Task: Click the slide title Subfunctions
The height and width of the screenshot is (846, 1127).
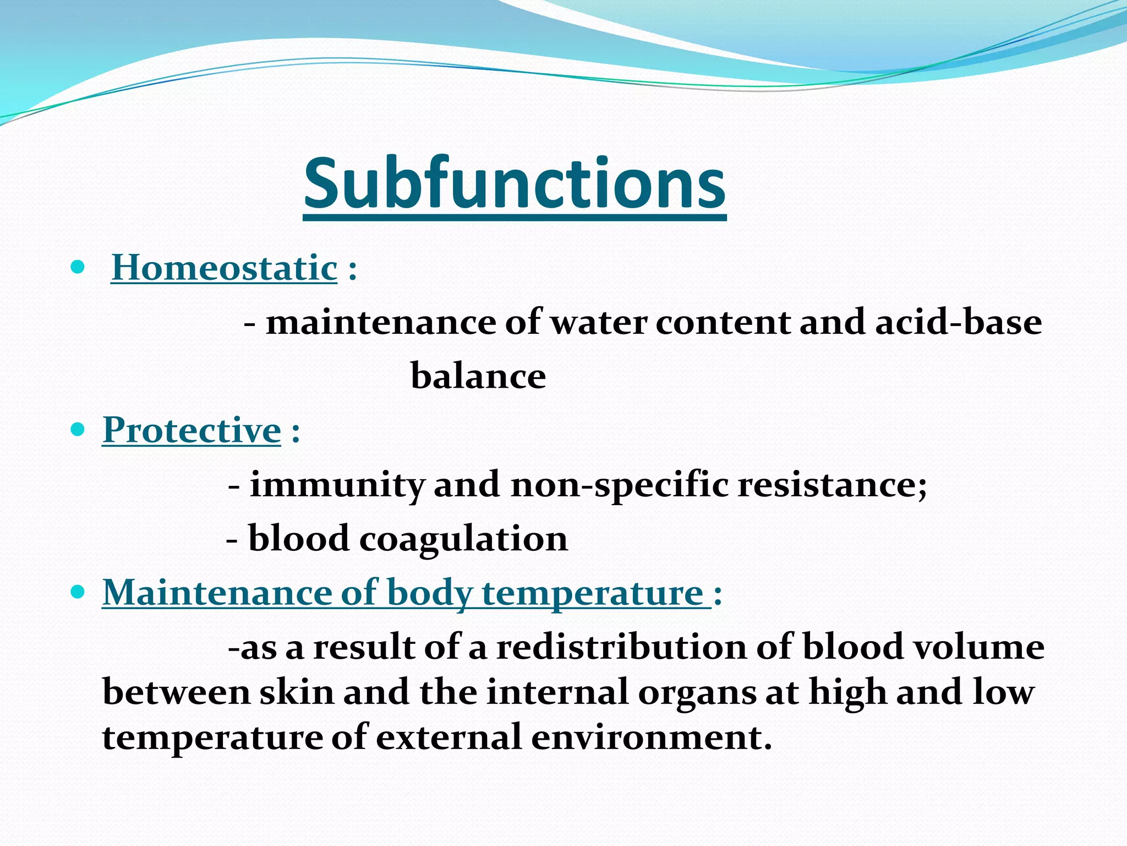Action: tap(515, 184)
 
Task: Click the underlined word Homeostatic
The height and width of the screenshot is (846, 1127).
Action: tap(224, 268)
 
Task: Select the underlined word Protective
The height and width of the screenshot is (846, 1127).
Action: tap(192, 430)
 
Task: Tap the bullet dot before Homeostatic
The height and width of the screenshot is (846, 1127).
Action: tap(78, 268)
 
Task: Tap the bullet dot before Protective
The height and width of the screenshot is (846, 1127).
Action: tap(78, 429)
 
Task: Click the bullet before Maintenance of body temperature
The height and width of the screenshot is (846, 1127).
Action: tap(78, 593)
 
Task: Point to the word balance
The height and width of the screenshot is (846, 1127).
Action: tap(478, 376)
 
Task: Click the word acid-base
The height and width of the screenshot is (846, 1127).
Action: tap(958, 322)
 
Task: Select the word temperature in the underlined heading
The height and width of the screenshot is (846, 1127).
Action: tap(593, 594)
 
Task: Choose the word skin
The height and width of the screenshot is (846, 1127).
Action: tap(297, 692)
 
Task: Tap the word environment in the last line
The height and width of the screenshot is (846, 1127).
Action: tap(652, 737)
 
